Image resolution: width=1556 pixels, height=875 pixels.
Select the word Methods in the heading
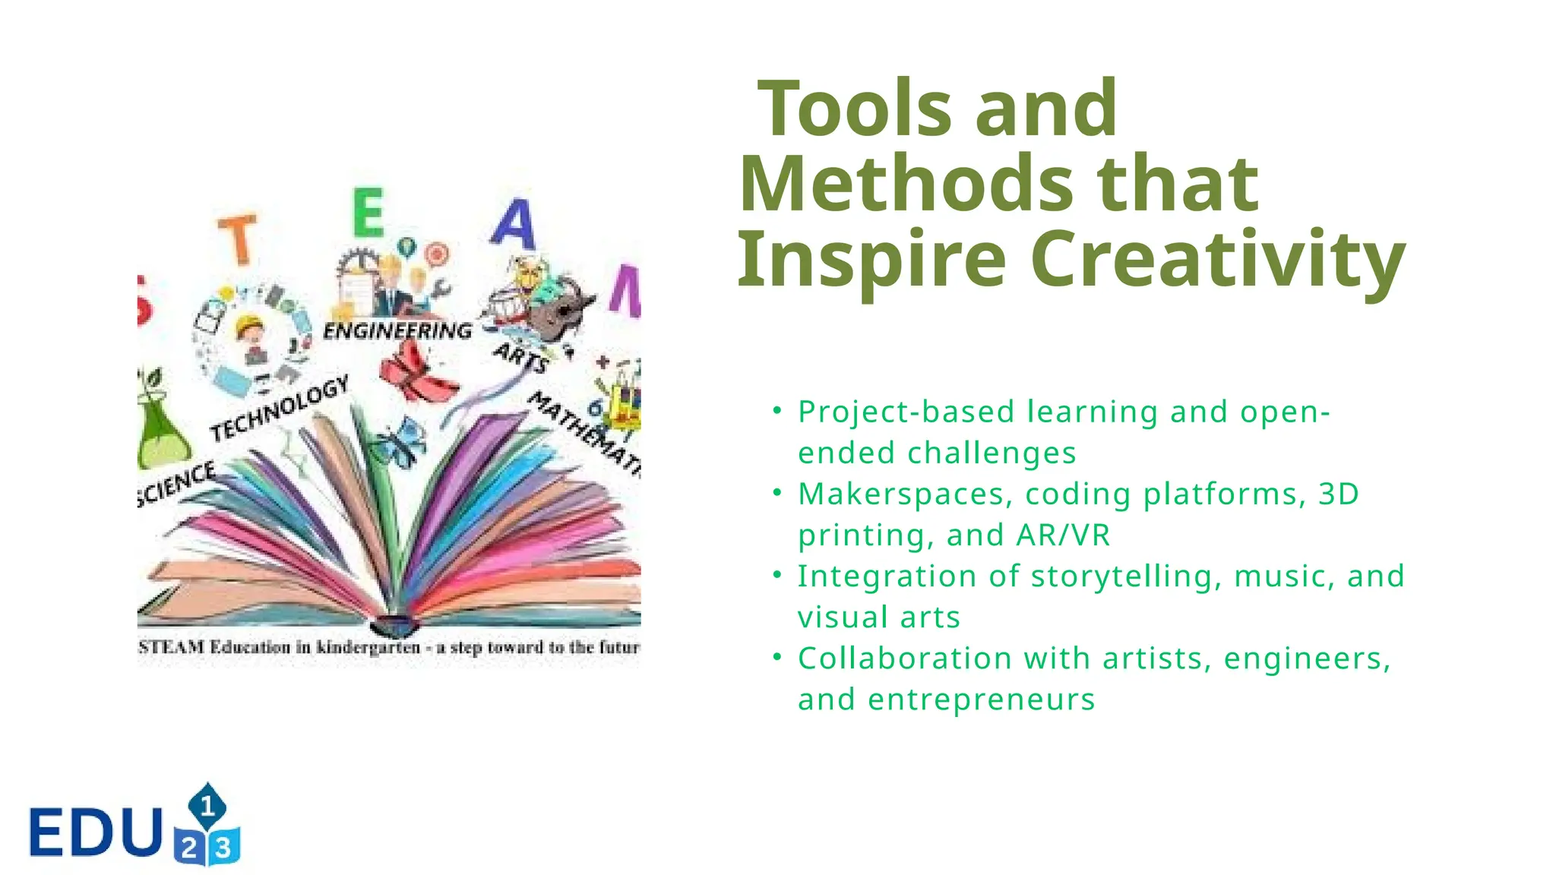point(905,184)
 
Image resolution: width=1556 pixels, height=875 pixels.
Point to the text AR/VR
point(1063,535)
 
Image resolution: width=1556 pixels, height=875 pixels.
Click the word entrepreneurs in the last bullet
point(981,700)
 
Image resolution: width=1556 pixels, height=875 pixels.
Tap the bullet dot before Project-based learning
point(776,411)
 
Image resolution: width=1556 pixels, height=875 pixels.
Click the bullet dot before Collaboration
point(776,657)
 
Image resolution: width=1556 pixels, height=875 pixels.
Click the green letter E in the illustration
point(369,213)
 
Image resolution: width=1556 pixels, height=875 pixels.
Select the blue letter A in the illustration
point(514,223)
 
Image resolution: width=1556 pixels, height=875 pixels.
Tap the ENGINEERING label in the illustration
point(397,330)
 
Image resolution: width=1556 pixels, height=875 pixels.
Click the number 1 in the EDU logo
point(207,806)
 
